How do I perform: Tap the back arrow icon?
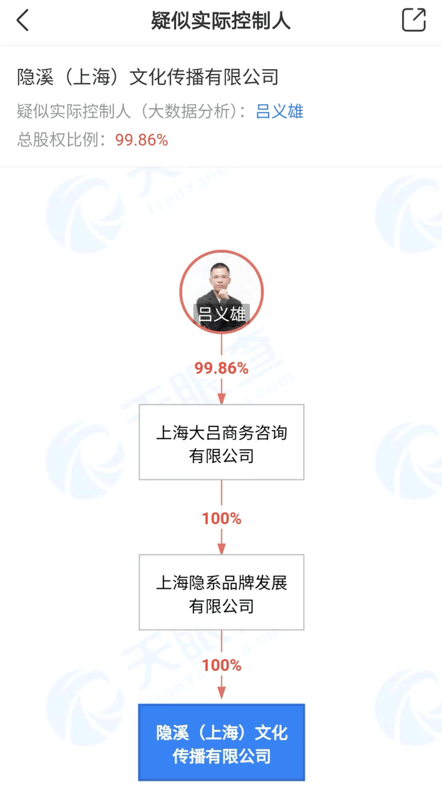click(23, 21)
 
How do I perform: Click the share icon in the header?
click(414, 20)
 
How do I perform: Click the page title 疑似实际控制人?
click(221, 21)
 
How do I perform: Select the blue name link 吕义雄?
click(280, 112)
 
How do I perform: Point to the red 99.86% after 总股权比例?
click(142, 140)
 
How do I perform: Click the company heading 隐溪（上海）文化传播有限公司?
click(148, 77)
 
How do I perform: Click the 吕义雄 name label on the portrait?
click(222, 315)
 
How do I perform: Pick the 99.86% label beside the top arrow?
click(222, 368)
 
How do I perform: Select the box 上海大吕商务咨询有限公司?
click(222, 442)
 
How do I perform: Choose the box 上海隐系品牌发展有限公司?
click(222, 592)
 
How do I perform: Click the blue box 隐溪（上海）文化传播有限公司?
click(222, 743)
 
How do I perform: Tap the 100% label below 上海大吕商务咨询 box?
click(222, 518)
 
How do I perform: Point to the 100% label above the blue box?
click(222, 665)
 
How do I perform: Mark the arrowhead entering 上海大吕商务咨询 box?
click(222, 399)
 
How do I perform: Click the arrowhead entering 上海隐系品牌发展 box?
click(222, 549)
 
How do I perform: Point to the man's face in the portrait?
click(222, 280)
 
